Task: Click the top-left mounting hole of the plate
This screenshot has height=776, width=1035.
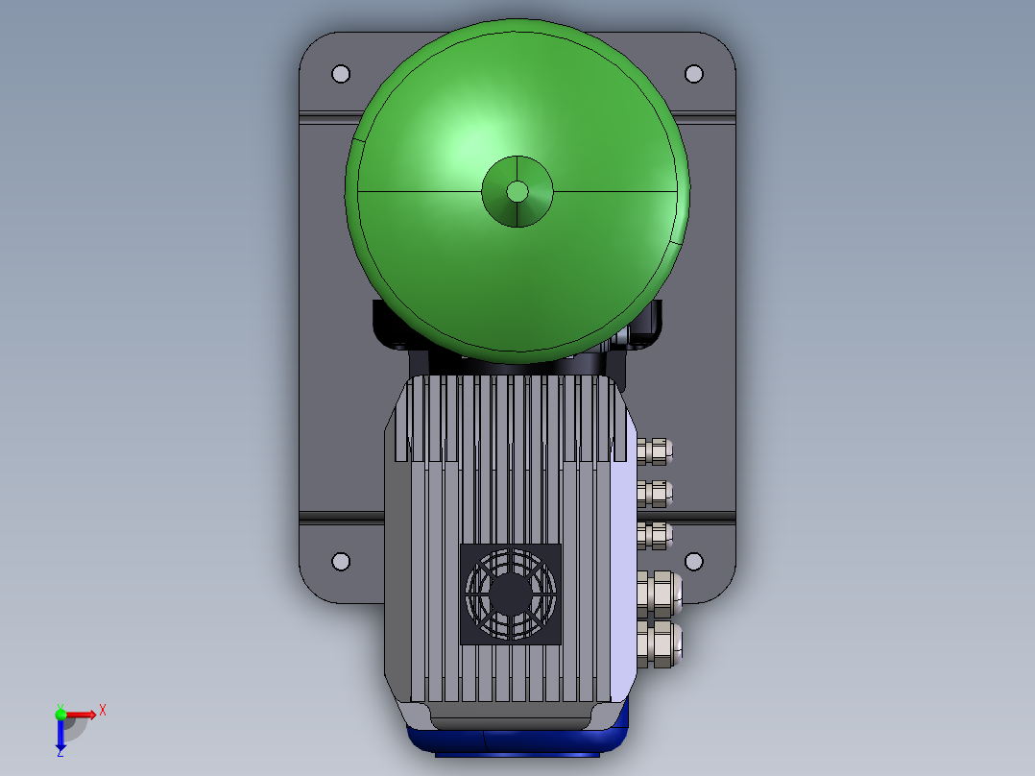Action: pyautogui.click(x=341, y=74)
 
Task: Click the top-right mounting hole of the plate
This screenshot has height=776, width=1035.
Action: pyautogui.click(x=694, y=74)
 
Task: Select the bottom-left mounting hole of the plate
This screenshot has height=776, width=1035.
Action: pyautogui.click(x=341, y=562)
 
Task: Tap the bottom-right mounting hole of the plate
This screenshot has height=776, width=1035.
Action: pyautogui.click(x=694, y=562)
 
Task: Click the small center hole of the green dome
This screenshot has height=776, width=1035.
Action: pyautogui.click(x=517, y=192)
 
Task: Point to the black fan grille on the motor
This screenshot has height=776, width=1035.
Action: pyautogui.click(x=510, y=594)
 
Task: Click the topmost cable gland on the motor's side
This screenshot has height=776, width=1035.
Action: pyautogui.click(x=655, y=451)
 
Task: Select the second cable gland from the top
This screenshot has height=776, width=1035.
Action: pyautogui.click(x=655, y=494)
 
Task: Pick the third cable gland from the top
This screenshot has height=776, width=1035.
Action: pyautogui.click(x=655, y=536)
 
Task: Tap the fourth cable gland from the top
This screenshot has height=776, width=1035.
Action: pyautogui.click(x=660, y=594)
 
